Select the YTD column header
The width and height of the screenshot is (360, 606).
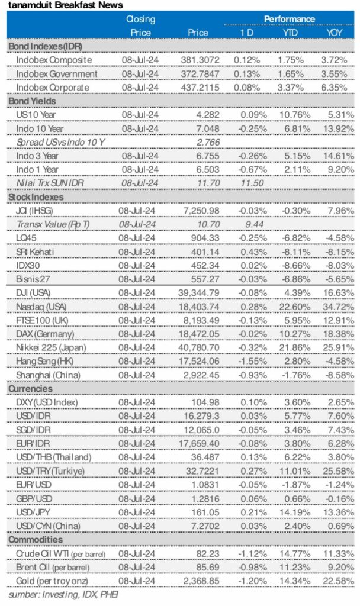point(291,33)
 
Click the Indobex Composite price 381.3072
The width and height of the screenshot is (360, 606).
point(201,60)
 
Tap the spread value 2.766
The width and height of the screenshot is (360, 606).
point(202,142)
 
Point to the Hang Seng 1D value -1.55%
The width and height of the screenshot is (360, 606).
point(246,361)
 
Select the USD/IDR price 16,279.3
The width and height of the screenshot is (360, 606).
point(201,416)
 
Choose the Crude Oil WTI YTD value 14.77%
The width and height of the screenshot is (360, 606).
point(291,553)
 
